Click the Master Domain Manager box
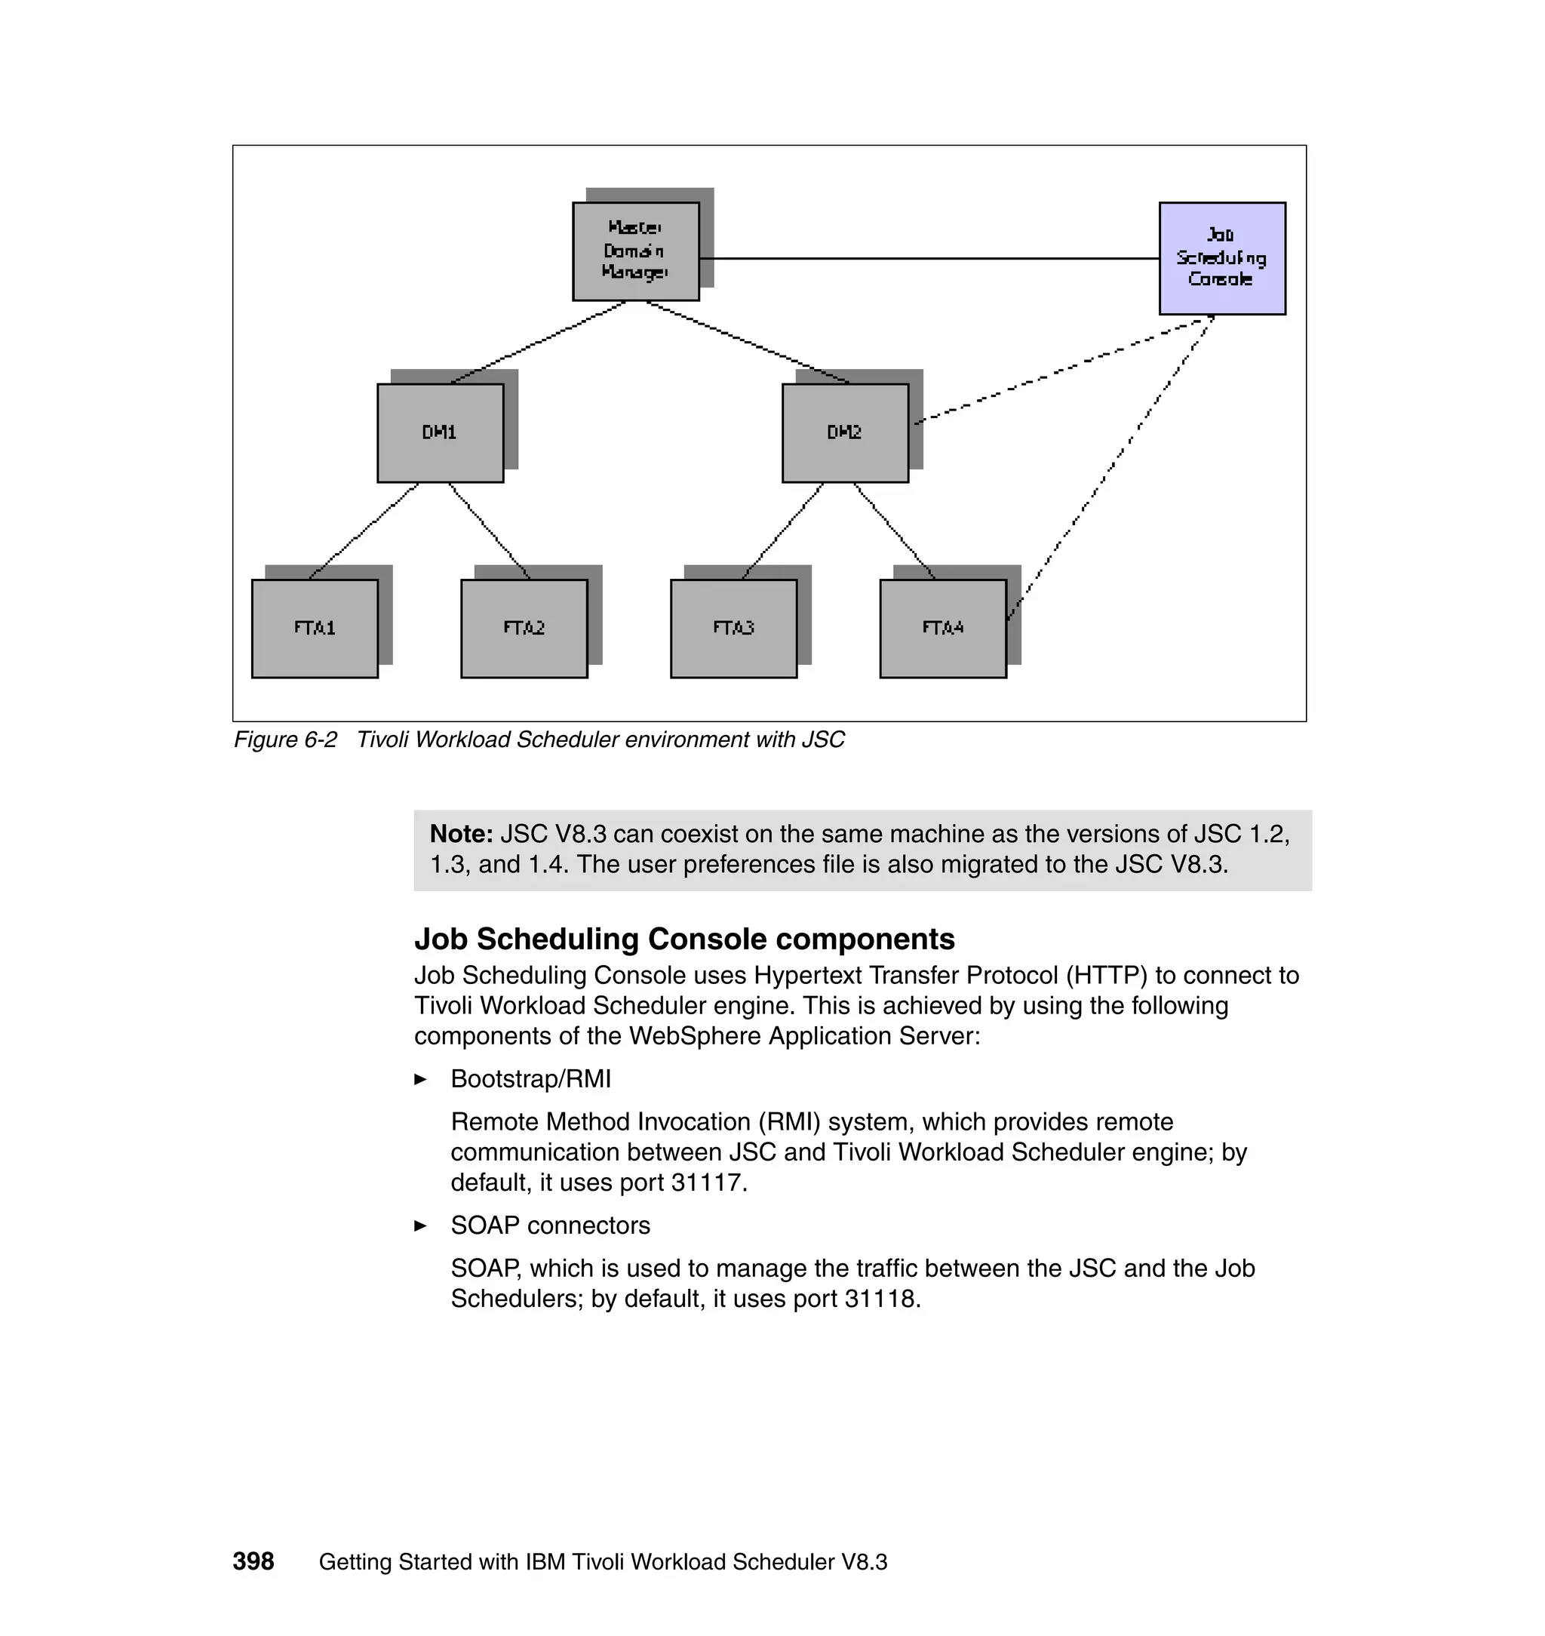(x=636, y=251)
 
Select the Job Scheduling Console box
(x=1222, y=258)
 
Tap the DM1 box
(x=440, y=432)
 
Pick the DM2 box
(x=845, y=432)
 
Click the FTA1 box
(x=315, y=629)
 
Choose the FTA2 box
(x=524, y=629)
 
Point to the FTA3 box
(x=734, y=629)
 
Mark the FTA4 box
(x=943, y=629)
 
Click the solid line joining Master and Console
(x=931, y=259)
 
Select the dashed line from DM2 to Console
(x=1062, y=371)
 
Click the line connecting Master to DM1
(x=539, y=343)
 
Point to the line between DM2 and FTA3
(x=782, y=531)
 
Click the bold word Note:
(x=461, y=835)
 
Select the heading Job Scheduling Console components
(x=684, y=939)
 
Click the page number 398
(x=253, y=1561)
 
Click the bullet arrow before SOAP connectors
(x=421, y=1225)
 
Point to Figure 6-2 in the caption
(x=286, y=740)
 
